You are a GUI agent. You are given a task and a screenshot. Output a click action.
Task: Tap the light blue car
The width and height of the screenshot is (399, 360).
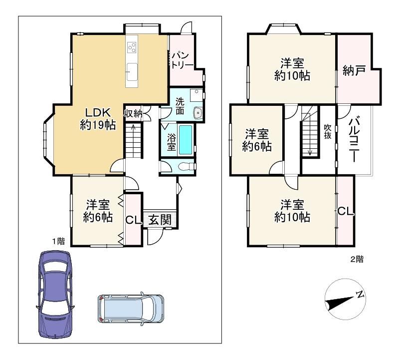(131, 309)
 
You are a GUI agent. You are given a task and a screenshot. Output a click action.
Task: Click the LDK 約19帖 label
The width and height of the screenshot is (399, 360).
(98, 119)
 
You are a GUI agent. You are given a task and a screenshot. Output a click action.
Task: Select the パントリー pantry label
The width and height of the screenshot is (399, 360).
(182, 60)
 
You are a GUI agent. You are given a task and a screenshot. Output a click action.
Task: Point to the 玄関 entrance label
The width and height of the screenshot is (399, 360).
(160, 219)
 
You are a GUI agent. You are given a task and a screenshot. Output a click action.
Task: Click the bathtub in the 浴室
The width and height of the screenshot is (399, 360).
(186, 140)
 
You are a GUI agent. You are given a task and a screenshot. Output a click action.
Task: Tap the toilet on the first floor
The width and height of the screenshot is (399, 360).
(188, 167)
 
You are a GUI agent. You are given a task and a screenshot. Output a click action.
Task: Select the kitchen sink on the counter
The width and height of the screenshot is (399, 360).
(132, 71)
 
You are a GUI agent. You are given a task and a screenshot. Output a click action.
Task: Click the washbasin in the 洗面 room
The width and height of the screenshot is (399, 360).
(198, 113)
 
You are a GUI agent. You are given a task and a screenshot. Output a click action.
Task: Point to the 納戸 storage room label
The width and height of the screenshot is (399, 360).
(354, 70)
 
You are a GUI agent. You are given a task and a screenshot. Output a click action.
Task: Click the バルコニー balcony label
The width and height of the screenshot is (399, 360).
(354, 139)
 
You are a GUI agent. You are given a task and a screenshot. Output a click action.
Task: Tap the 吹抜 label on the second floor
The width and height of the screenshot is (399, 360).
(328, 131)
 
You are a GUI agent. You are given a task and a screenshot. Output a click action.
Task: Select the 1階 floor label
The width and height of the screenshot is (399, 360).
(58, 241)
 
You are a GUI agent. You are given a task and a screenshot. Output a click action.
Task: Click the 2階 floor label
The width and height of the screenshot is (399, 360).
(357, 259)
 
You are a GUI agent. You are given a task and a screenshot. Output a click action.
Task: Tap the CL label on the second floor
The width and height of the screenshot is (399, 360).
(346, 211)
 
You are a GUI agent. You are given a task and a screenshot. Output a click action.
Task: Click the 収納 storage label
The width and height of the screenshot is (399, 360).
(133, 114)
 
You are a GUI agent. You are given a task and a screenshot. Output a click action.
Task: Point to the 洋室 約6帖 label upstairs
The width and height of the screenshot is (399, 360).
(257, 140)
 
